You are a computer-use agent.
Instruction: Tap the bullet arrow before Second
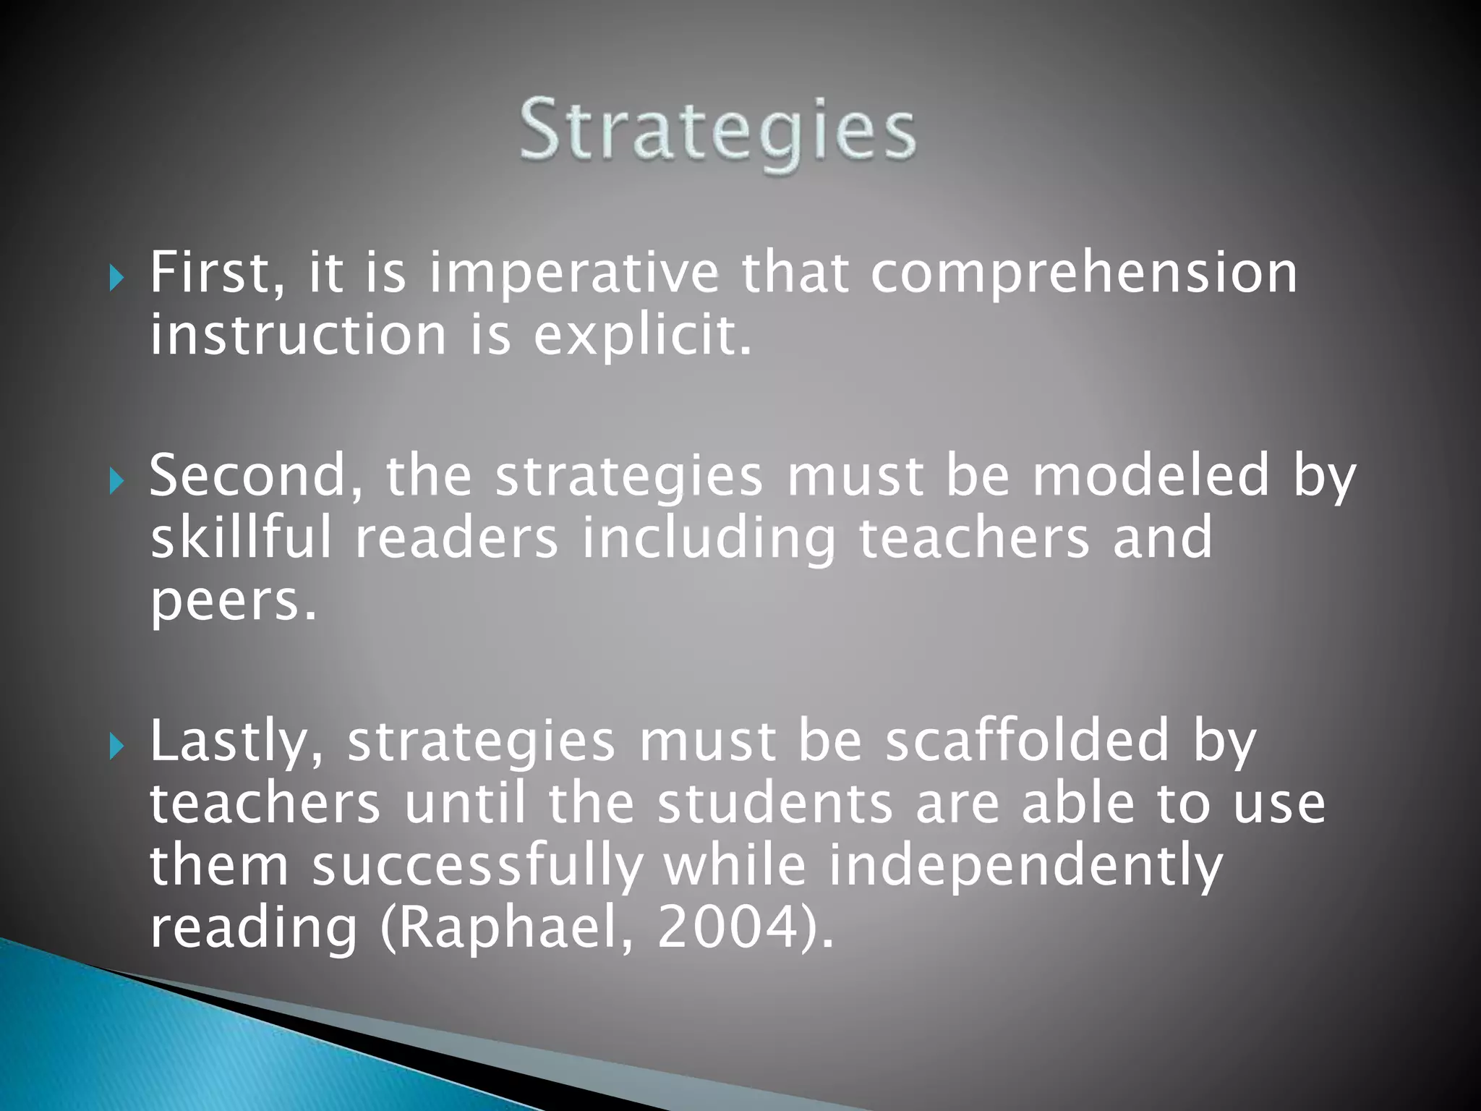click(116, 480)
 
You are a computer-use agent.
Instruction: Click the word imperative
click(574, 275)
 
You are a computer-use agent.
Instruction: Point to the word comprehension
click(1084, 275)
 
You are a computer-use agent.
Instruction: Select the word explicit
click(643, 336)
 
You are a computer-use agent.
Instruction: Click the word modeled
click(1151, 475)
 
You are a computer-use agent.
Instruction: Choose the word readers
click(456, 538)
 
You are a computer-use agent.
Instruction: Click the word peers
click(233, 603)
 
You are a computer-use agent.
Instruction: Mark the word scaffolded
click(1027, 741)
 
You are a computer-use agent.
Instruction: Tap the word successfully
click(477, 867)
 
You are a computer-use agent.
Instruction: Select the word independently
click(1025, 867)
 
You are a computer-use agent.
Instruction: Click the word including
click(709, 540)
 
